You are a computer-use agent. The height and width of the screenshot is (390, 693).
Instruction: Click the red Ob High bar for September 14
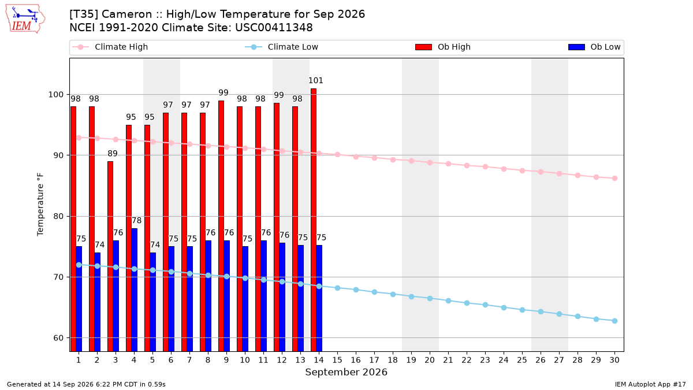tap(314, 220)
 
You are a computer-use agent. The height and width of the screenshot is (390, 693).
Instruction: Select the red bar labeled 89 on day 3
tap(110, 257)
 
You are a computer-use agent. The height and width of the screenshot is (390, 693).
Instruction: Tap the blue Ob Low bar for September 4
tap(134, 289)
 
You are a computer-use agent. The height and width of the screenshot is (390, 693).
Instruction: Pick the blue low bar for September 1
tap(79, 299)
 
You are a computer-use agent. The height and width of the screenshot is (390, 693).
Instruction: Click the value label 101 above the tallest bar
tap(315, 80)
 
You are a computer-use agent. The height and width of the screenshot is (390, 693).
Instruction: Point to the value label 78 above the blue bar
tap(136, 220)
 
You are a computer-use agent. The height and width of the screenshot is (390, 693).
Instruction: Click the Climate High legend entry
tap(110, 47)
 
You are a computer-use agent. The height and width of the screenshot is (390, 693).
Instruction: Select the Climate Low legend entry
tap(282, 47)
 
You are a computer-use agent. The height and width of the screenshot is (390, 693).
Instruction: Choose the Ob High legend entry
tap(443, 47)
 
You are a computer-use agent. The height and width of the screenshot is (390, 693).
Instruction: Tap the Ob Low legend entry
tap(594, 47)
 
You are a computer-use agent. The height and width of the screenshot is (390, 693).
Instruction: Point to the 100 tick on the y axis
tap(55, 94)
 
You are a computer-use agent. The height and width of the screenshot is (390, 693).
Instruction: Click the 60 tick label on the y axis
tap(58, 337)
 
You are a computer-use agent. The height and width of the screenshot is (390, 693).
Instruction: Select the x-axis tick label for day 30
tap(614, 360)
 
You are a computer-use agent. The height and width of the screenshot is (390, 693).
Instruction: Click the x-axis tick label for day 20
tap(430, 360)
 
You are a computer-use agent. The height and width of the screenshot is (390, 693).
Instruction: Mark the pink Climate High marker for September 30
tap(614, 179)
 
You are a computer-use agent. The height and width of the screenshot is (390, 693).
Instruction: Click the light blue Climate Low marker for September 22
tap(467, 303)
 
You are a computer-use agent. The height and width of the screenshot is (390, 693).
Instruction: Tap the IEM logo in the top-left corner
tap(25, 19)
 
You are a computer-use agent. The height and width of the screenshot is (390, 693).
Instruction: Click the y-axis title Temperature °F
tap(40, 205)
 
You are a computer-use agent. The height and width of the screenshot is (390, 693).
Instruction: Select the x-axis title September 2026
tap(346, 372)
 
